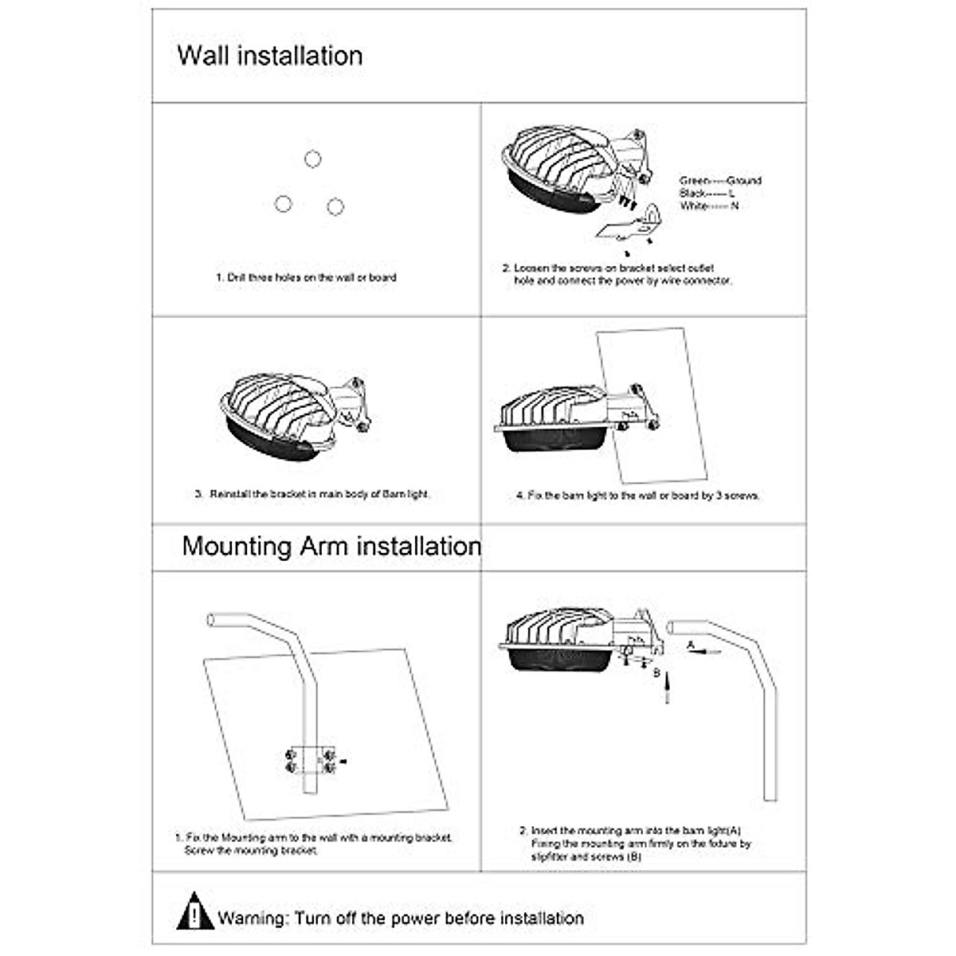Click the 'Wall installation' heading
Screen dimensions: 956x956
pyautogui.click(x=269, y=56)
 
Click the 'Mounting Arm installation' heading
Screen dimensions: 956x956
pyautogui.click(x=331, y=547)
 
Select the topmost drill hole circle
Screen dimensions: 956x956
pyautogui.click(x=312, y=159)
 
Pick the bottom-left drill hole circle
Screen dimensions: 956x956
pyautogui.click(x=283, y=204)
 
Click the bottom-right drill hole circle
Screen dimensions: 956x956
pyautogui.click(x=335, y=206)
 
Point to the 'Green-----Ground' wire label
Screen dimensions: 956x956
pyautogui.click(x=720, y=181)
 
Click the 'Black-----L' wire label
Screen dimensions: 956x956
pyautogui.click(x=707, y=194)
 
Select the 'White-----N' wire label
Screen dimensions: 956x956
pyautogui.click(x=709, y=206)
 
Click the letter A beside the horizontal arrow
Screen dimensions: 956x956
pyautogui.click(x=691, y=644)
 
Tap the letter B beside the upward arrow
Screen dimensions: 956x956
pyautogui.click(x=657, y=673)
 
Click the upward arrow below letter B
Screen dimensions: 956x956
pyautogui.click(x=667, y=690)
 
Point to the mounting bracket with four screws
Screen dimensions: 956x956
pyautogui.click(x=310, y=758)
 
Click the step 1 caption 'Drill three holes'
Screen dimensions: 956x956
pyautogui.click(x=306, y=278)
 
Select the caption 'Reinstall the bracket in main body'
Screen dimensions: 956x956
pyautogui.click(x=312, y=494)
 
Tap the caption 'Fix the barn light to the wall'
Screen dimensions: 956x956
pyautogui.click(x=637, y=496)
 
